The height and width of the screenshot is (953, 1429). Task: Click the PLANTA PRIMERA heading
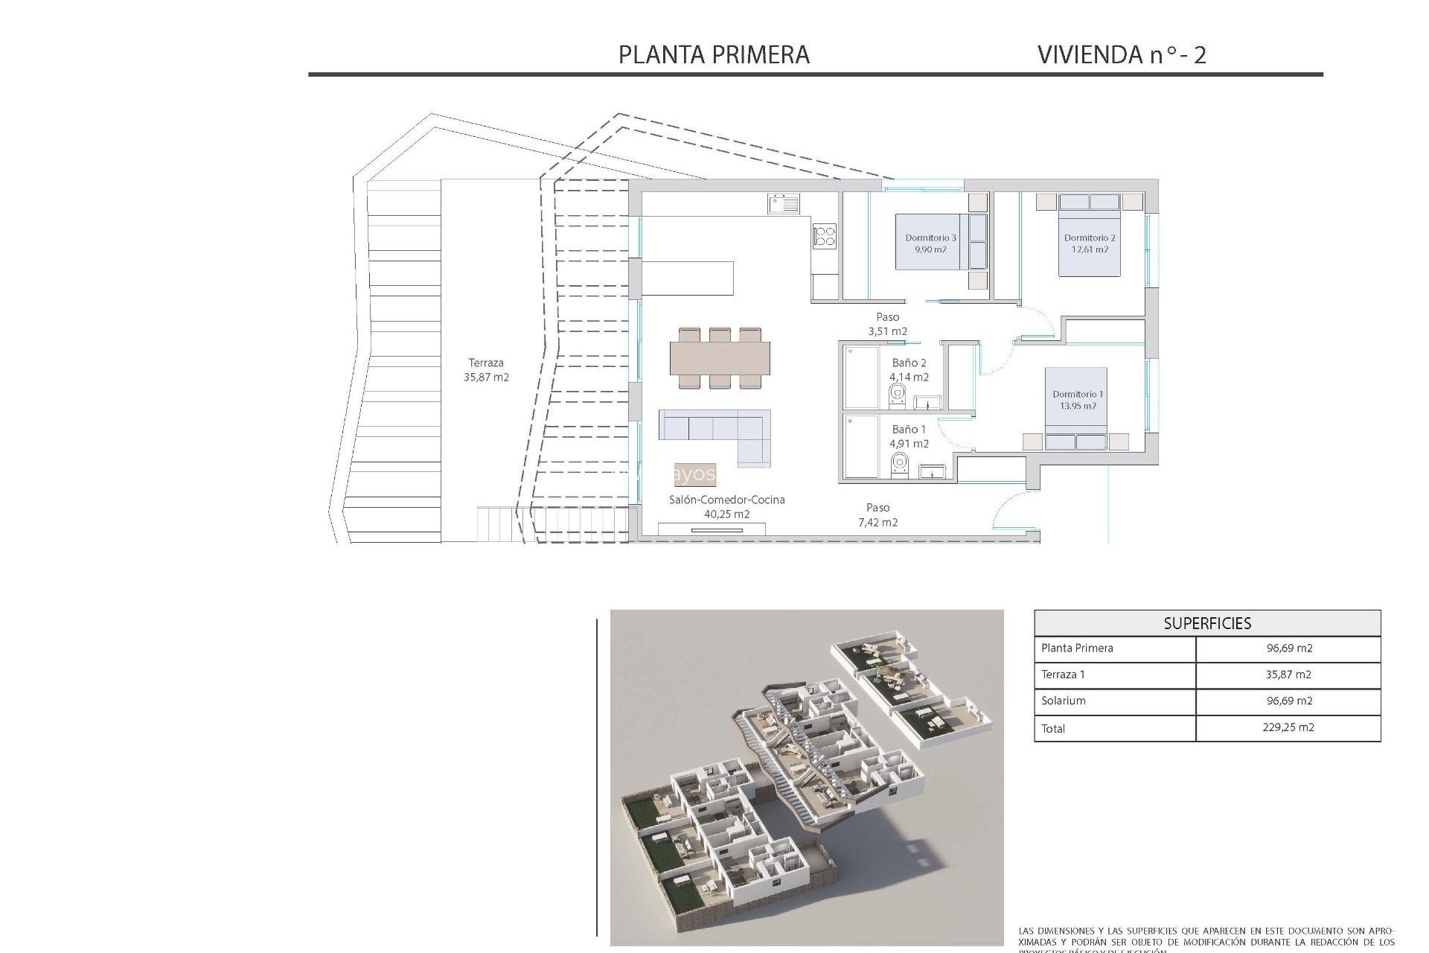(714, 54)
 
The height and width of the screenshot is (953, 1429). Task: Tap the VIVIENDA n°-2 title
(1122, 54)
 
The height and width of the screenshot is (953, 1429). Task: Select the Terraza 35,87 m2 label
(486, 370)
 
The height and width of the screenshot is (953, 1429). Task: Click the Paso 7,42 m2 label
(877, 514)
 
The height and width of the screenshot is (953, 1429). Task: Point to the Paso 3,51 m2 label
(887, 324)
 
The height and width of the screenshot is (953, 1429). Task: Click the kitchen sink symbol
(784, 203)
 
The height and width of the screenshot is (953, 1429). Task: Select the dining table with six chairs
(720, 358)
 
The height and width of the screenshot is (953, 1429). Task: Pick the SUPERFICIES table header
(1207, 623)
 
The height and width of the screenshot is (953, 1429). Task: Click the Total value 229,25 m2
(1288, 727)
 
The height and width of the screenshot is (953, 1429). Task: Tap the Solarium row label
(1064, 701)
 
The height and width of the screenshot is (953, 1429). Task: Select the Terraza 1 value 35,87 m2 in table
(1288, 675)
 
